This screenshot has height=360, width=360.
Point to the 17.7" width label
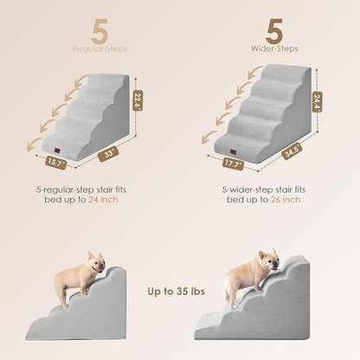click(231, 161)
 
